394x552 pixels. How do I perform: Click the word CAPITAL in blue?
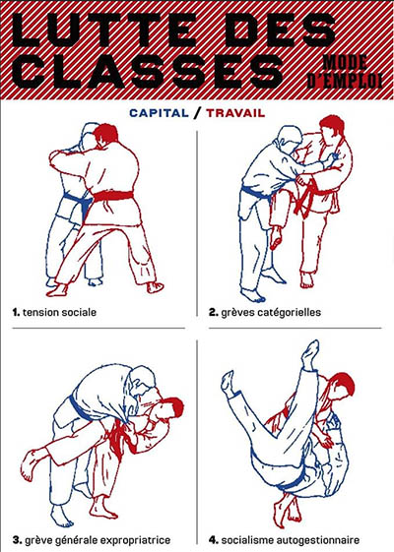(159, 113)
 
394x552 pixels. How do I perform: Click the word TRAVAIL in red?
(235, 113)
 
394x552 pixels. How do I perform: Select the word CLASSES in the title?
(148, 72)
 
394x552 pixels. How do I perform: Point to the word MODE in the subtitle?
(345, 63)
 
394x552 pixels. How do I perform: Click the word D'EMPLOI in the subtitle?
(345, 81)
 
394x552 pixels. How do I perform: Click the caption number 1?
(16, 312)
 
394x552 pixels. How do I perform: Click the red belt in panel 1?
(113, 196)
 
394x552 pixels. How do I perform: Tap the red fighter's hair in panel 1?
(105, 133)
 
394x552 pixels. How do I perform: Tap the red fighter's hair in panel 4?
(343, 385)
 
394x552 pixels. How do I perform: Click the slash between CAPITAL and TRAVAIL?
(198, 113)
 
